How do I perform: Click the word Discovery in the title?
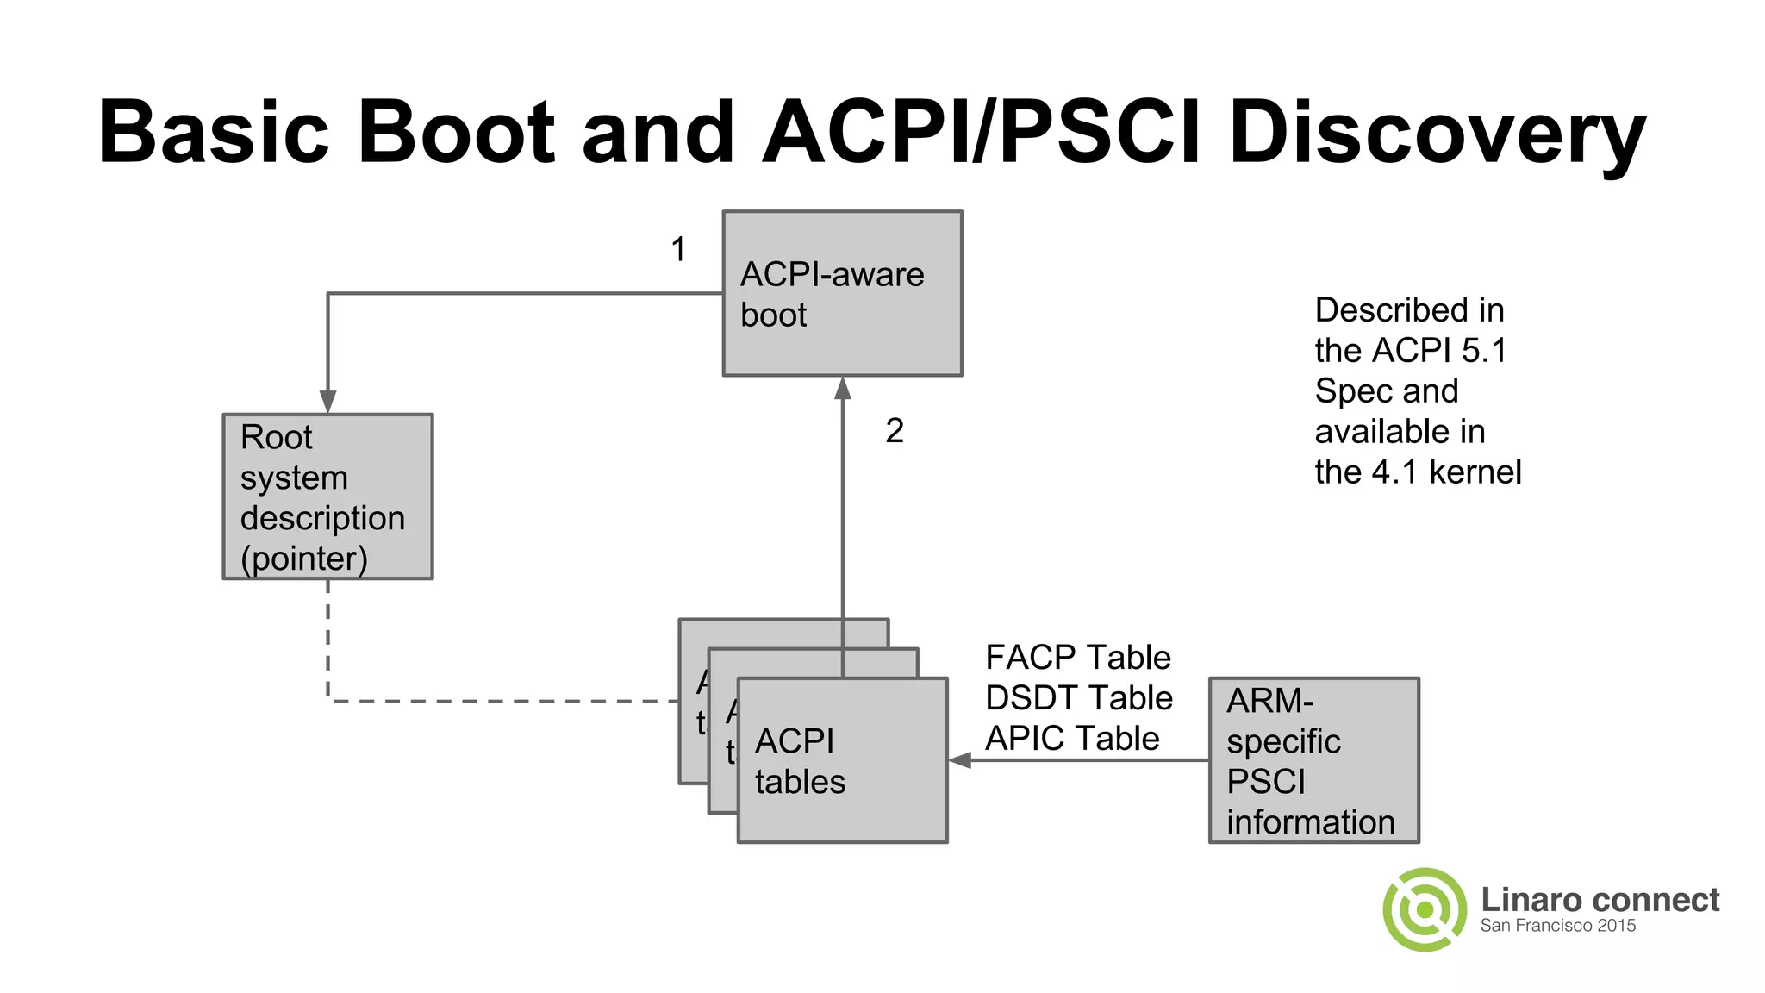[1437, 134]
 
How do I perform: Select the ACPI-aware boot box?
[842, 293]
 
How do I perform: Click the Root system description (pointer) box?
[327, 496]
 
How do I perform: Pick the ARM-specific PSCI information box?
[1313, 760]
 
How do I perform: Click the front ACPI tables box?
[842, 760]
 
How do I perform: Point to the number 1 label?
[678, 250]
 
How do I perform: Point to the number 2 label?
[895, 431]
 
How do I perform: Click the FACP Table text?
[1077, 658]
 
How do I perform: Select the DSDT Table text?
[1078, 698]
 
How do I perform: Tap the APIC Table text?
[1072, 739]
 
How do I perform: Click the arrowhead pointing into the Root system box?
[327, 403]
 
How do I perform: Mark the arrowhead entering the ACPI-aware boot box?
[843, 389]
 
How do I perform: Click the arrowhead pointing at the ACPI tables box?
[960, 760]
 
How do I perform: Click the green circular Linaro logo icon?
[1425, 909]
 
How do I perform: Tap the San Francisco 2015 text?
[1557, 926]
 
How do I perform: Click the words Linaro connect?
[1600, 900]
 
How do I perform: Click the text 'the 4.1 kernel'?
[1418, 472]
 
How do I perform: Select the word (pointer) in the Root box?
[303, 559]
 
